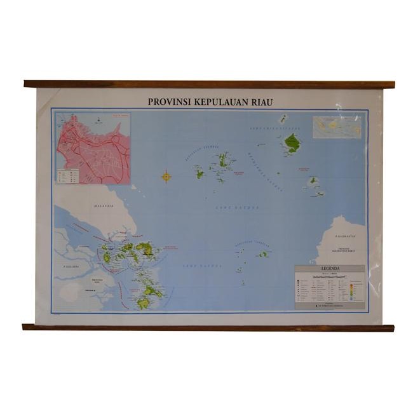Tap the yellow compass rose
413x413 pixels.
click(x=166, y=177)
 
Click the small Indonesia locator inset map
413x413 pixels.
click(x=337, y=126)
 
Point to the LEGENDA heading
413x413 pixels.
click(x=330, y=269)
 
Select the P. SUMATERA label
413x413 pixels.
click(x=74, y=267)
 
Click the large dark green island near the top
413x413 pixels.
click(x=292, y=143)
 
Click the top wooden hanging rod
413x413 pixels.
click(x=209, y=84)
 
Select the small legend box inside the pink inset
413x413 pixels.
click(x=69, y=175)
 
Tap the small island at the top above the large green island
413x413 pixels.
click(x=283, y=119)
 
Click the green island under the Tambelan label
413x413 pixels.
click(x=263, y=254)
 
